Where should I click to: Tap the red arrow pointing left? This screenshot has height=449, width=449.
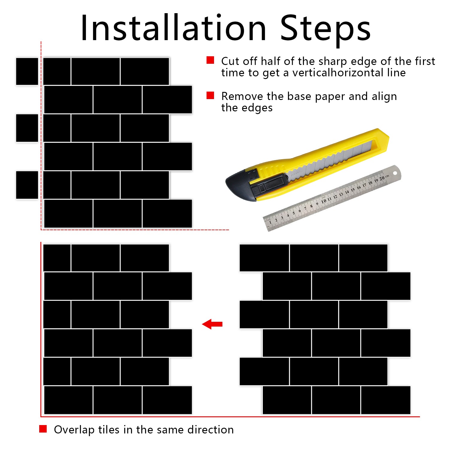click(x=212, y=324)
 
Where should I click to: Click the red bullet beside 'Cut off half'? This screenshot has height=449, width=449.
click(x=210, y=60)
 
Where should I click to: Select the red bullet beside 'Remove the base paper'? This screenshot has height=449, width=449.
click(x=210, y=95)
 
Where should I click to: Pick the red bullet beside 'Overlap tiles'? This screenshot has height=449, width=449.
click(x=43, y=429)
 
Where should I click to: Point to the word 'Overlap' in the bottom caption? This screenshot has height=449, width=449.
click(x=74, y=430)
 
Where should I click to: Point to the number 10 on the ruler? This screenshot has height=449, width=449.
click(x=324, y=201)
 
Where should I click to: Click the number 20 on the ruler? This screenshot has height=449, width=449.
click(x=382, y=178)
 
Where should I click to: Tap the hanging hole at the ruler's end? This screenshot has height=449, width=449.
click(x=395, y=173)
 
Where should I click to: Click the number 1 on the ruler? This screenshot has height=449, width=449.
click(x=270, y=222)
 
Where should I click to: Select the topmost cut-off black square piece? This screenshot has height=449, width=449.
click(x=27, y=71)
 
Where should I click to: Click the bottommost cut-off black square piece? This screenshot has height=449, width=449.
click(x=27, y=185)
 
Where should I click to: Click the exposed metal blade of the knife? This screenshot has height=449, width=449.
click(x=329, y=160)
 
